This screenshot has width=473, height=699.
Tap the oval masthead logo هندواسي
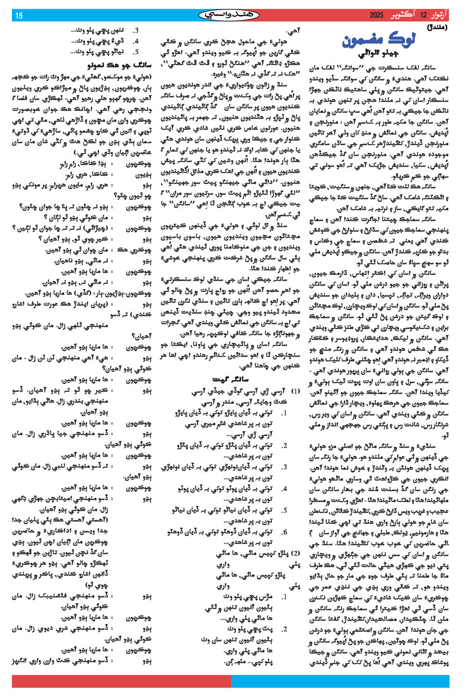click(x=237, y=13)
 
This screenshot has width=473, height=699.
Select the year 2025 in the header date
click(x=375, y=14)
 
